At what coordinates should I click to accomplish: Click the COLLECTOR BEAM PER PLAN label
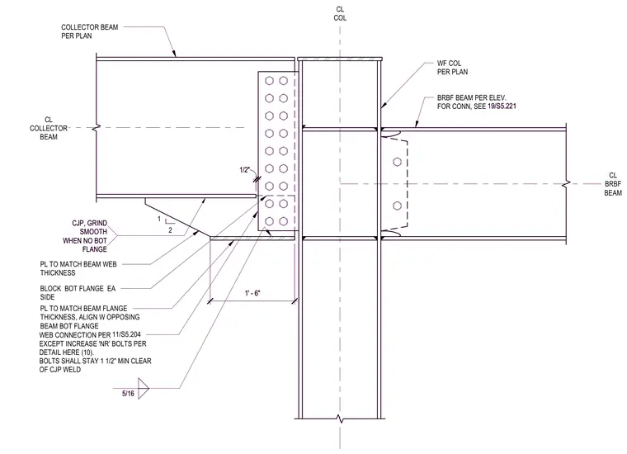(x=90, y=31)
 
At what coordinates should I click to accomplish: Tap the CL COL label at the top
(x=340, y=13)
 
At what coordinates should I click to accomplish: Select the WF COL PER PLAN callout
(x=452, y=68)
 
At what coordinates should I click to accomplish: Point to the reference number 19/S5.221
(x=502, y=106)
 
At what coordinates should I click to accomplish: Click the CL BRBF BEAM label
(x=613, y=184)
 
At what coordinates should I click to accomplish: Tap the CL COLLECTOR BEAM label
(x=49, y=128)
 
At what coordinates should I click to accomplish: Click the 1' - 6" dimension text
(x=252, y=293)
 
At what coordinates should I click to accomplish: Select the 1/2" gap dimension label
(x=245, y=170)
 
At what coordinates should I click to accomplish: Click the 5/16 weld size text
(x=128, y=393)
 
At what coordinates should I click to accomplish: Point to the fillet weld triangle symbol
(x=144, y=388)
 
